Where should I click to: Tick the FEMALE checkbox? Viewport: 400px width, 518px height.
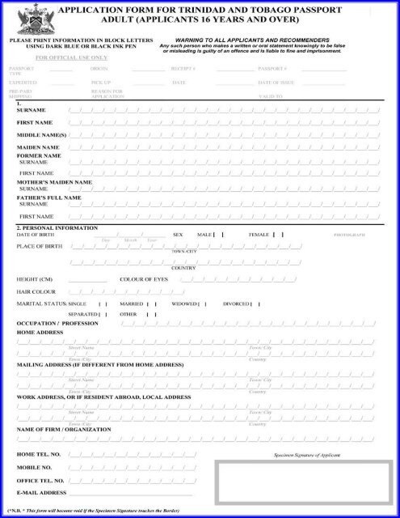point(278,234)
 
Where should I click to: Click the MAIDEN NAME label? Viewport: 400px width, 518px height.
point(37,146)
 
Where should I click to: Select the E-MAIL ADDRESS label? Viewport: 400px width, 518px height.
point(41,492)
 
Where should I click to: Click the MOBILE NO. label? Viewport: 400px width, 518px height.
point(35,467)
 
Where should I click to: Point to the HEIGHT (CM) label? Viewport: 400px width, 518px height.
point(35,278)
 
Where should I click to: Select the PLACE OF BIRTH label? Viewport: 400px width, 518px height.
point(40,245)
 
